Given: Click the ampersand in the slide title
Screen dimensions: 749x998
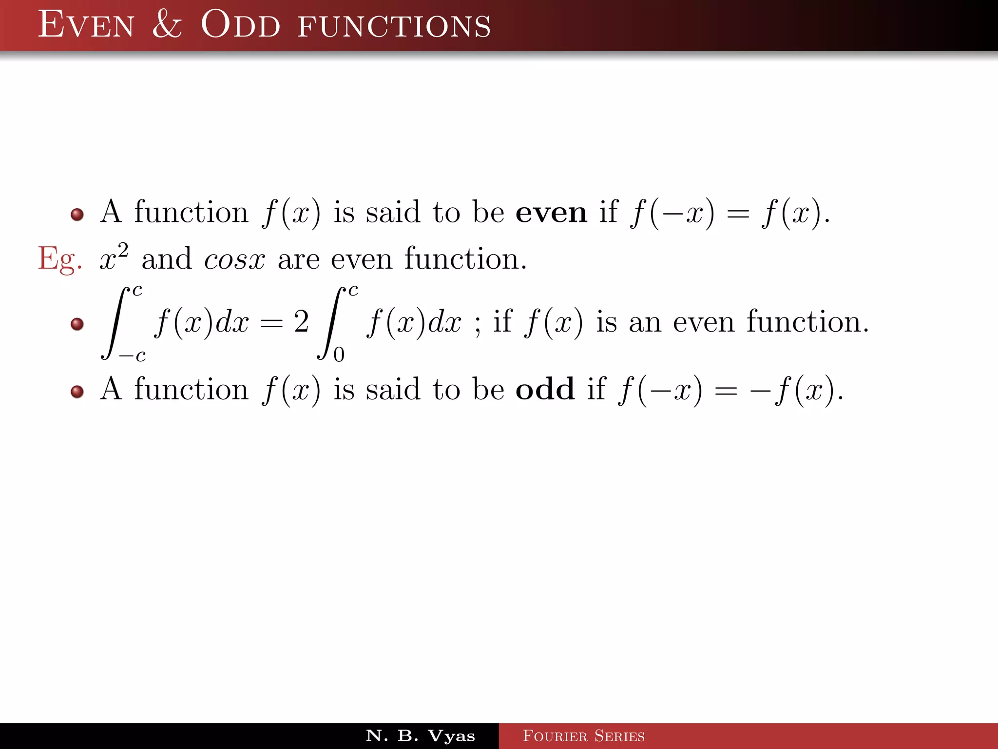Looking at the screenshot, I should click(167, 24).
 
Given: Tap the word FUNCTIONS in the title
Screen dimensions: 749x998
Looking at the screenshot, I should click(394, 26).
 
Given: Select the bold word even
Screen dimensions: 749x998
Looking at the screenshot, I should click(551, 213).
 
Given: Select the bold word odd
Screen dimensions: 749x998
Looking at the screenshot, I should click(545, 390).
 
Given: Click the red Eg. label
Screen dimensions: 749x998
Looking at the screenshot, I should click(59, 259).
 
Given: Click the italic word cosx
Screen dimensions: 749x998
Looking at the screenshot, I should click(234, 259).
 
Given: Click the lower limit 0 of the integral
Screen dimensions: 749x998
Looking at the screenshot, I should click(339, 355).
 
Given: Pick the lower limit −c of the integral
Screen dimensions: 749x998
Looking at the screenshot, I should click(133, 355).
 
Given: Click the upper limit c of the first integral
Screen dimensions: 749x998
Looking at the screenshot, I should click(137, 291).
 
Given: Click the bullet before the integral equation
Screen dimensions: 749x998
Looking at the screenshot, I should click(77, 324).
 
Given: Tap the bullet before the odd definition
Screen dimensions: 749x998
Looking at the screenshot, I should click(77, 392).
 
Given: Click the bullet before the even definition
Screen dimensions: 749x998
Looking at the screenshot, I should click(77, 215).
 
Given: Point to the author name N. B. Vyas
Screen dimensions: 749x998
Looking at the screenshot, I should click(420, 735).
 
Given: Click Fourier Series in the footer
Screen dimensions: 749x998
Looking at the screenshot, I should click(583, 736).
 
